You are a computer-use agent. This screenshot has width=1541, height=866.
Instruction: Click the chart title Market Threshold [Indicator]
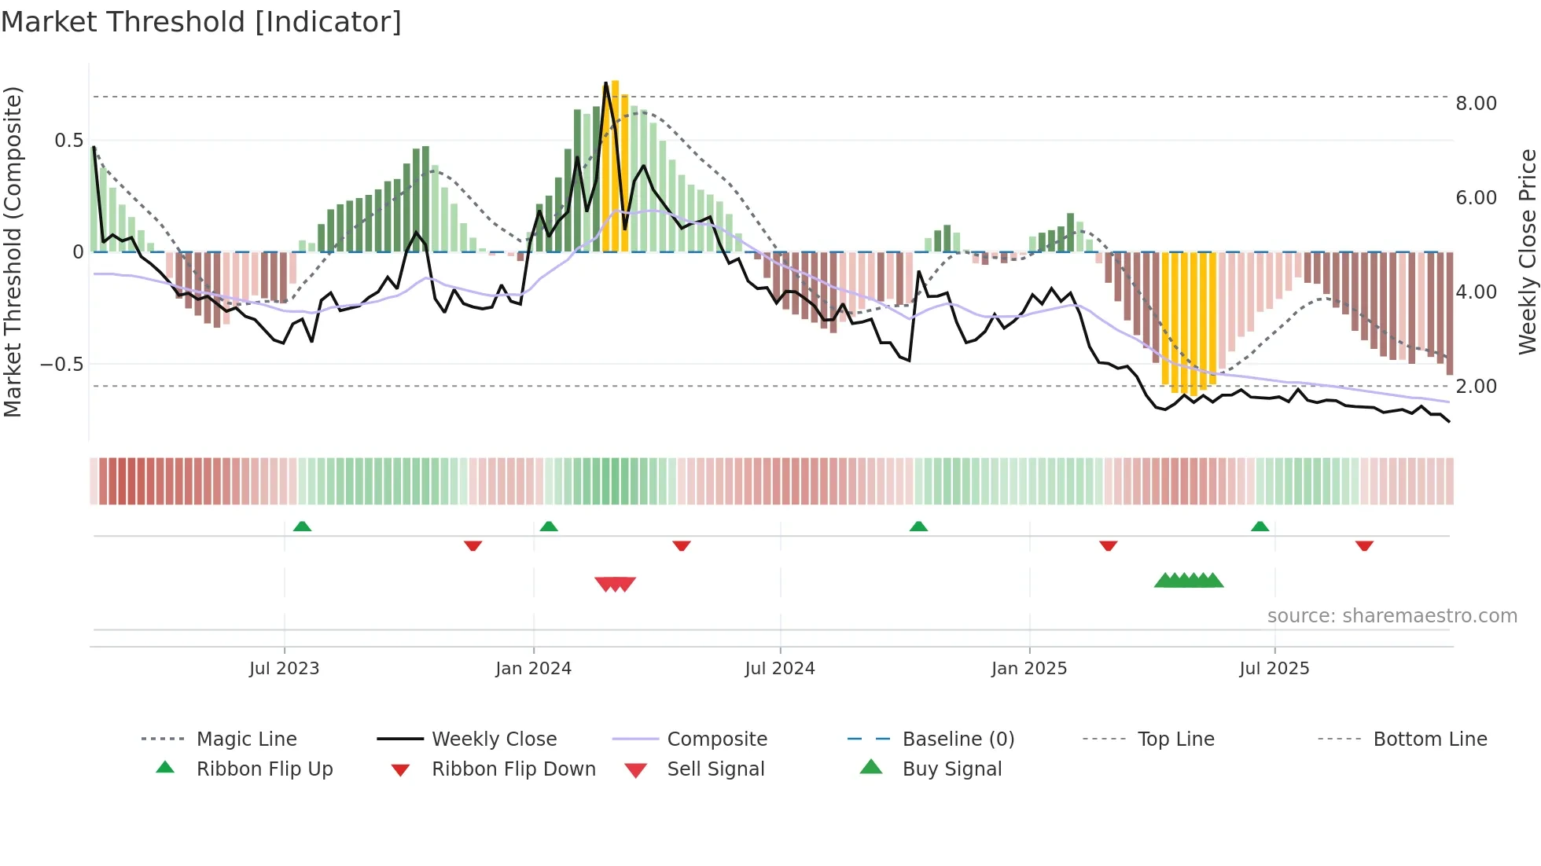pyautogui.click(x=201, y=22)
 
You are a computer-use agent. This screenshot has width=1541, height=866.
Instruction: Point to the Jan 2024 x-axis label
pyautogui.click(x=533, y=669)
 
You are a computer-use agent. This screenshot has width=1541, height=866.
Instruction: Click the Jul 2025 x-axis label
pyautogui.click(x=1274, y=669)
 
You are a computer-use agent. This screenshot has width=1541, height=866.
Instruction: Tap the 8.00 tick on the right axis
pyautogui.click(x=1476, y=104)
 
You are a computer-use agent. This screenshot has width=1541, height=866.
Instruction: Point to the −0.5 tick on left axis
pyautogui.click(x=62, y=365)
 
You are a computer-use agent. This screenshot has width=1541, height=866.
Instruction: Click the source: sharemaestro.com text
pyautogui.click(x=1392, y=616)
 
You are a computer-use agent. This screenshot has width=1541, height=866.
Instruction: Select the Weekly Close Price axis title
pyautogui.click(x=1527, y=251)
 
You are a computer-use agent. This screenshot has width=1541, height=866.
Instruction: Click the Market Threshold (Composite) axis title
pyautogui.click(x=13, y=251)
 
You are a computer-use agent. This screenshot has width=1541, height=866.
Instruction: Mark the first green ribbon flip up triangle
pyautogui.click(x=302, y=527)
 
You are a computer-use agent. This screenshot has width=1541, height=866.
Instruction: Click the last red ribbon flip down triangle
pyautogui.click(x=1364, y=545)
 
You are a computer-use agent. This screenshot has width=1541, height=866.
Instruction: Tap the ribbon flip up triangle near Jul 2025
pyautogui.click(x=1260, y=527)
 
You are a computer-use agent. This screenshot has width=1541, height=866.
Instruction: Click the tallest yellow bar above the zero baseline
pyautogui.click(x=616, y=165)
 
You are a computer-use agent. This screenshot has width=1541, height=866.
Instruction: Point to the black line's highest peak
pyautogui.click(x=605, y=83)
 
